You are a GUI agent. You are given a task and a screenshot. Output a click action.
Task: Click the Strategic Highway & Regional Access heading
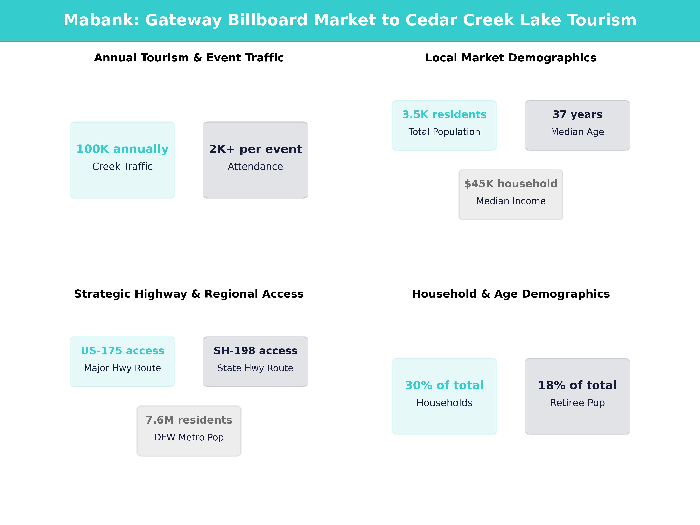click(x=189, y=294)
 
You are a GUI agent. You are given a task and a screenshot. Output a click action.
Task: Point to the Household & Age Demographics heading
click(x=511, y=294)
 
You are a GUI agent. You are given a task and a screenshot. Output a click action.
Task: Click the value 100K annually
click(x=123, y=149)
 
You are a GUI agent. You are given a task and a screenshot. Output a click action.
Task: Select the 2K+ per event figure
click(x=255, y=149)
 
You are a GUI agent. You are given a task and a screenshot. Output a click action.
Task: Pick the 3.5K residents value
click(x=444, y=115)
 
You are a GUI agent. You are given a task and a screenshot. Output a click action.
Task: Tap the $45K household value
click(x=511, y=184)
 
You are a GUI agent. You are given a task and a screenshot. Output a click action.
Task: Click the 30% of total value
click(x=444, y=385)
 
